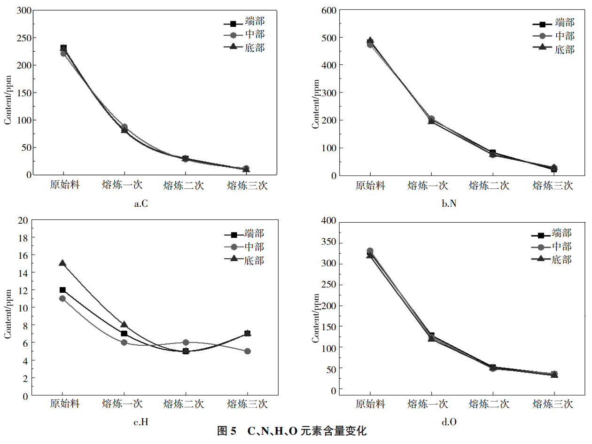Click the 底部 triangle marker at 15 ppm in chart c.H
62,263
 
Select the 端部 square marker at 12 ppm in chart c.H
62,290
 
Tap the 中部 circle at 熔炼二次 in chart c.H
186,342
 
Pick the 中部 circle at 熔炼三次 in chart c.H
247,351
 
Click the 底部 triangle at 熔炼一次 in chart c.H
124,324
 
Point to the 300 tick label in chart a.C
23,10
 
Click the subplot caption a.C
141,204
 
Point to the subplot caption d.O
449,422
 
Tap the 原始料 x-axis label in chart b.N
370,185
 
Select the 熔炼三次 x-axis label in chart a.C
247,185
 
